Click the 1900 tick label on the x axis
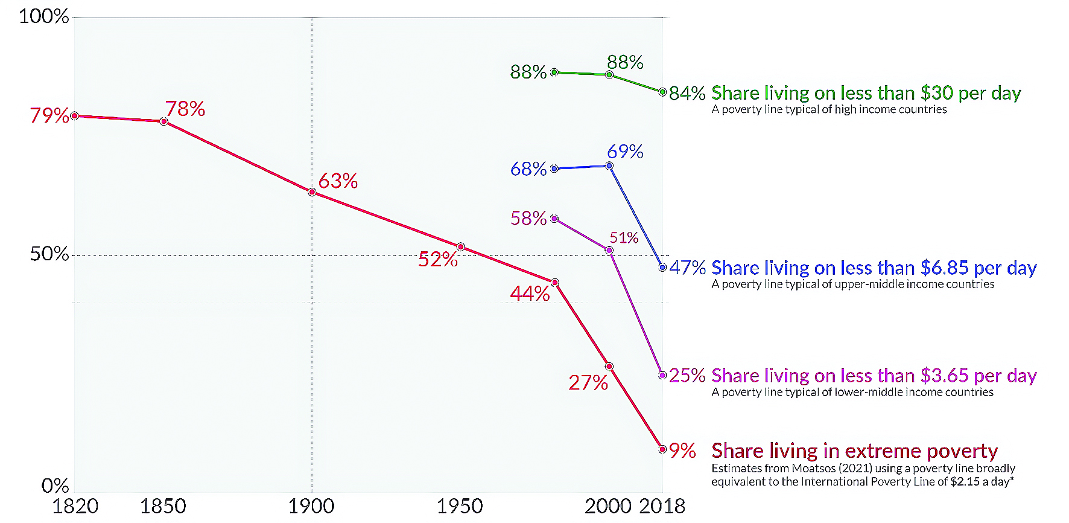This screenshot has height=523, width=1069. [311, 506]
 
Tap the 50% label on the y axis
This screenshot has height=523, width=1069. [49, 254]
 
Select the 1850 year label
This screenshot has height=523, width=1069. [163, 506]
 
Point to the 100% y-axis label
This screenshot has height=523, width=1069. [43, 16]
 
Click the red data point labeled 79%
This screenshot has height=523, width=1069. [74, 115]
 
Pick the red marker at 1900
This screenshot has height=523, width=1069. [312, 192]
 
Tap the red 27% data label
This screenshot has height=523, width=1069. [588, 382]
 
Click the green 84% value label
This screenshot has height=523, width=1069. [687, 93]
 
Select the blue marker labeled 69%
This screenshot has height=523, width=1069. [609, 165]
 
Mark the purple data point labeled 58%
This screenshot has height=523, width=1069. [554, 219]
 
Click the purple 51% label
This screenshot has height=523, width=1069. [624, 238]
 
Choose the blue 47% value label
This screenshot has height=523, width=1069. [687, 268]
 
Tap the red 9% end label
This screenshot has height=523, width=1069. [682, 451]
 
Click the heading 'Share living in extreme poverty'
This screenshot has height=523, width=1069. [854, 451]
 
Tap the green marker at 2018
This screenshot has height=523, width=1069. [662, 92]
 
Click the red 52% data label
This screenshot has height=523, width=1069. [437, 260]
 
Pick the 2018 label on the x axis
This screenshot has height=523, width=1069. [662, 506]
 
